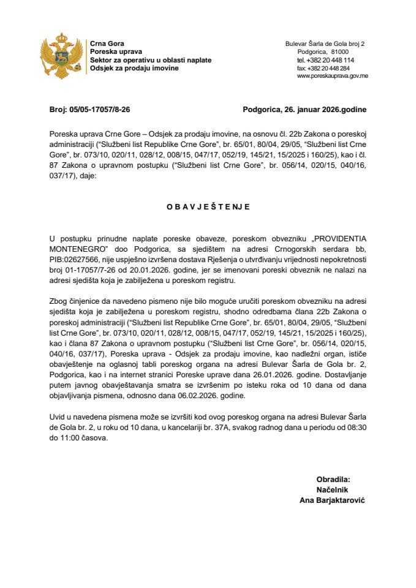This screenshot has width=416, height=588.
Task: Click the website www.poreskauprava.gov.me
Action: pos(332,77)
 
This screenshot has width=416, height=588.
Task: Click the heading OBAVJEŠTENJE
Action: pos(208,207)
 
